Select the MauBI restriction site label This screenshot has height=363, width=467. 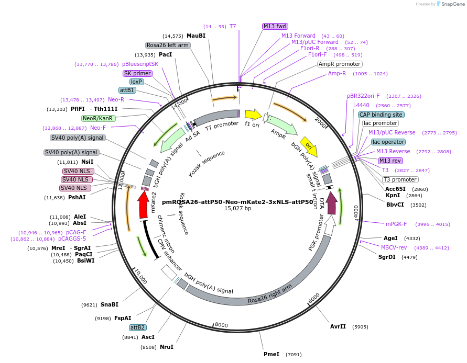[196, 36]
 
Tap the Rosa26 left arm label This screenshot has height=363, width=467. [168, 46]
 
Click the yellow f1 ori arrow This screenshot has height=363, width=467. [253, 114]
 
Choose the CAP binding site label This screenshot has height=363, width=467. [381, 115]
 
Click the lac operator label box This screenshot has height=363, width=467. [388, 142]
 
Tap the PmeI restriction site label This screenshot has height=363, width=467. [271, 354]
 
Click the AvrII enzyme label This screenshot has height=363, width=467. [338, 326]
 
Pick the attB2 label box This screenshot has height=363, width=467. [138, 327]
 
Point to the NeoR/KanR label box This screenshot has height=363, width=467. [98, 118]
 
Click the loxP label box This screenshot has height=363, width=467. [137, 82]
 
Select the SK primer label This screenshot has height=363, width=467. [138, 73]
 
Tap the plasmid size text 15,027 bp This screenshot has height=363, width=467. [237, 208]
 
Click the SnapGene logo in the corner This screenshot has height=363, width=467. [448, 4]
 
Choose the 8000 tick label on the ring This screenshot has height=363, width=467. [221, 325]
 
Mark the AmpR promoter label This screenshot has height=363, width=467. [340, 64]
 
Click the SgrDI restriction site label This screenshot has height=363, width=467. [387, 257]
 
